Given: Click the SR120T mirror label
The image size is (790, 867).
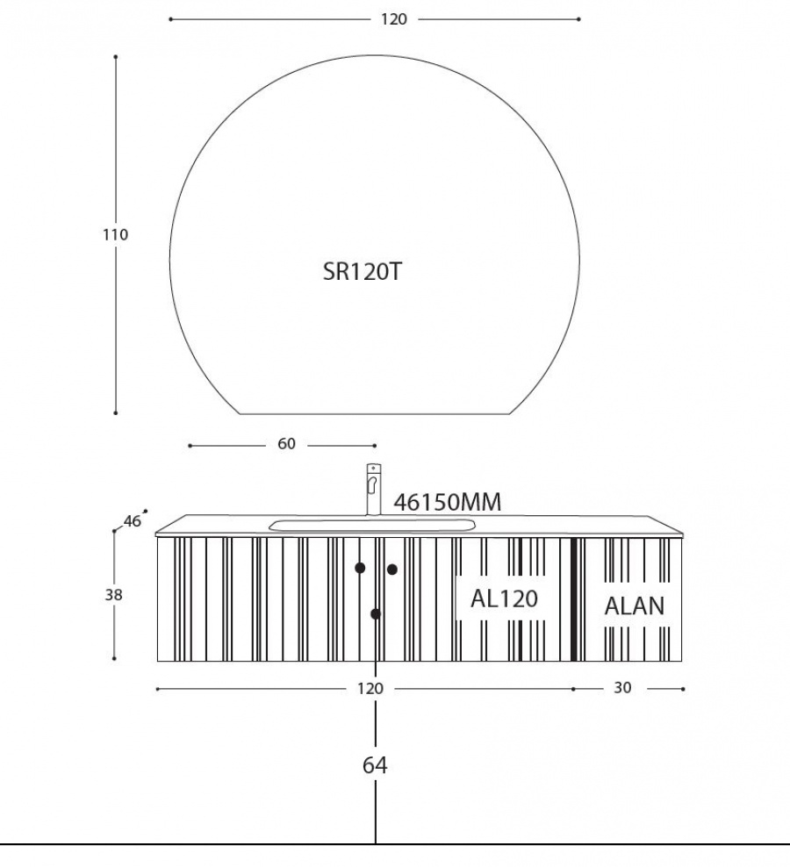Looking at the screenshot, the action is click(x=363, y=271).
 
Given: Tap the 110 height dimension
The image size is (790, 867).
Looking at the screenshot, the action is click(x=115, y=234).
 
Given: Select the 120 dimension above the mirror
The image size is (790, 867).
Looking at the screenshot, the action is click(x=394, y=19).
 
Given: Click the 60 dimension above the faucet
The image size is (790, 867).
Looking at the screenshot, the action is click(x=286, y=443).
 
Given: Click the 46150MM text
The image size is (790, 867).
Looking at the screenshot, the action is click(x=448, y=502).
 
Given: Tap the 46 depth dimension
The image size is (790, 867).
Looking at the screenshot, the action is click(x=133, y=521).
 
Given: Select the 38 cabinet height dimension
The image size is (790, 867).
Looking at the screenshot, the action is click(x=113, y=595).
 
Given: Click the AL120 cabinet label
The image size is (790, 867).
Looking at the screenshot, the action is click(x=504, y=598).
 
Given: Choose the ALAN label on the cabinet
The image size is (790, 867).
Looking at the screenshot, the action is click(x=634, y=606).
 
